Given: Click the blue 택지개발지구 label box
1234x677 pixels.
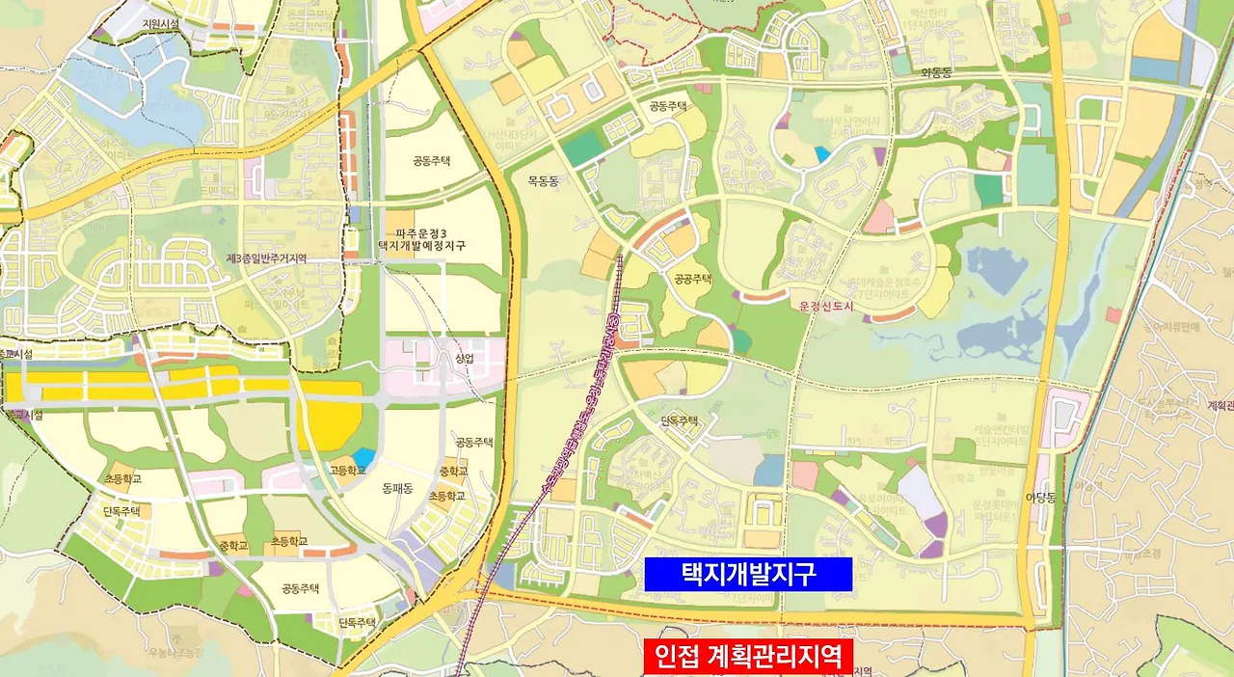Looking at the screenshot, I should tap(748, 575).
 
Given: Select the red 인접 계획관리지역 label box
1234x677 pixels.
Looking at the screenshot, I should tap(748, 657).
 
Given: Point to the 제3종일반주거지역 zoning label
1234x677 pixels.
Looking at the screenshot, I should tap(266, 258).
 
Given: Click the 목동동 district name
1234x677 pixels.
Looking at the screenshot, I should tap(544, 180).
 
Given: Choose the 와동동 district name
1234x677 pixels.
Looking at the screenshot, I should tap(936, 71).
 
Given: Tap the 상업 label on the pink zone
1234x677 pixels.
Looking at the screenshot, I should tap(465, 358).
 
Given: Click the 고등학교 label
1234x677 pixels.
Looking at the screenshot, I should tap(347, 471).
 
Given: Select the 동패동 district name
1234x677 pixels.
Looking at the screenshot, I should tap(397, 488).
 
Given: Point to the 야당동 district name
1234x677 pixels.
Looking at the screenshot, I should tap(1041, 498).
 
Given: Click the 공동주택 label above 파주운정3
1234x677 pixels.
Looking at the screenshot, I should tap(432, 161).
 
